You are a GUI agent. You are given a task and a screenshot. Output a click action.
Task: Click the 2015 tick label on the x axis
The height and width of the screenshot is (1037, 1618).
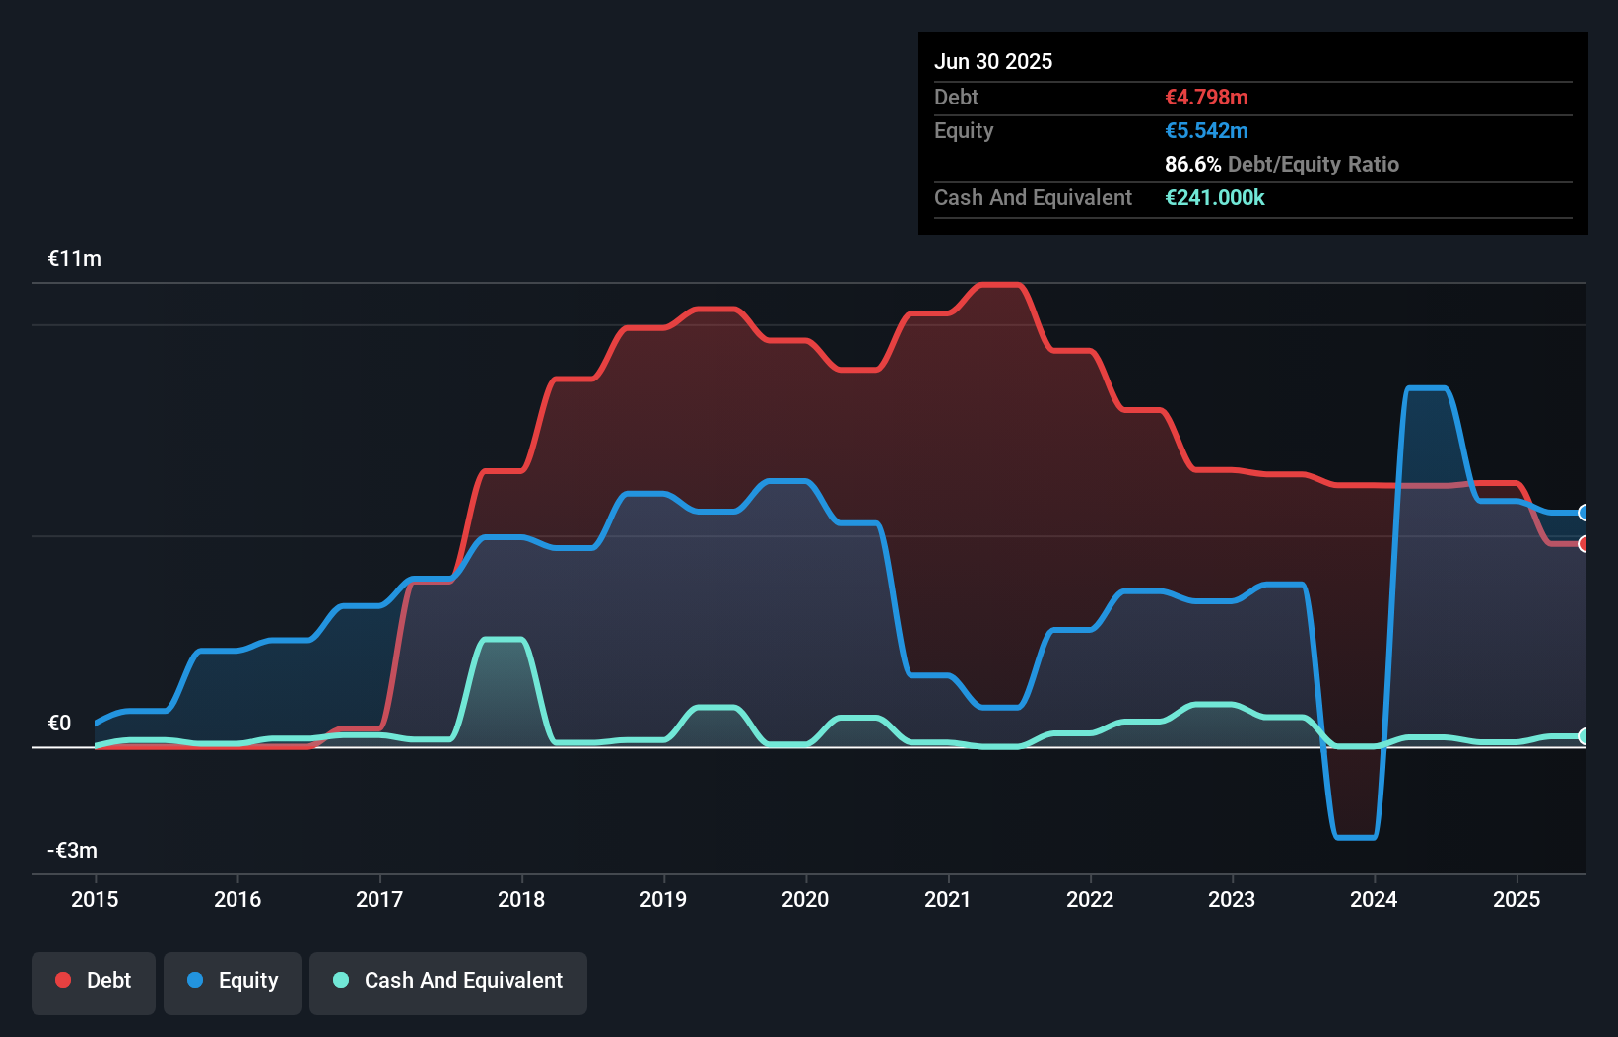pyautogui.click(x=95, y=899)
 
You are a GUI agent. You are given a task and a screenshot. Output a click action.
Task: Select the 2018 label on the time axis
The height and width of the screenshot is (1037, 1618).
pyautogui.click(x=521, y=899)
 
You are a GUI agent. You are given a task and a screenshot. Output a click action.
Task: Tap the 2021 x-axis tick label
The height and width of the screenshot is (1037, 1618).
pyautogui.click(x=947, y=899)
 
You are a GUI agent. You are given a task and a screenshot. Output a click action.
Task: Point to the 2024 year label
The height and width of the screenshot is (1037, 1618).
pyautogui.click(x=1374, y=899)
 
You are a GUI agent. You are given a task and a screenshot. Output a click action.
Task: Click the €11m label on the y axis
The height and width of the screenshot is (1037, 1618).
pyautogui.click(x=75, y=259)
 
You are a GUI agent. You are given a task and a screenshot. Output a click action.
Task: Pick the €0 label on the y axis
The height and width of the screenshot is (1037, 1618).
pyautogui.click(x=59, y=724)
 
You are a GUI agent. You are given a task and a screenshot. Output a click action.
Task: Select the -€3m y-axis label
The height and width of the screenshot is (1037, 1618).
pyautogui.click(x=73, y=851)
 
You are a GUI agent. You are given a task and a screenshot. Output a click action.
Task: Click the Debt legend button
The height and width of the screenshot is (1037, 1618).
pyautogui.click(x=94, y=981)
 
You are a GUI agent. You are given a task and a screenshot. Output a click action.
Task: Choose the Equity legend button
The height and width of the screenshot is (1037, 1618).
pyautogui.click(x=233, y=981)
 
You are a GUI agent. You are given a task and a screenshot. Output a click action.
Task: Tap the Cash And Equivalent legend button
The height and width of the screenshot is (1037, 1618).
pyautogui.click(x=448, y=981)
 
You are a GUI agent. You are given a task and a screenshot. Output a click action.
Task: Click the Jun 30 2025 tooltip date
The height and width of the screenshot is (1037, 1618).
pyautogui.click(x=993, y=61)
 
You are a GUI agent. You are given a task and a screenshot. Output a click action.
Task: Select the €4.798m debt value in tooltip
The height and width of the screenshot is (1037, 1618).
pyautogui.click(x=1206, y=98)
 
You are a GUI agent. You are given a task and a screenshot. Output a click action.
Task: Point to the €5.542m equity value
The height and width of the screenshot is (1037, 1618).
pyautogui.click(x=1206, y=131)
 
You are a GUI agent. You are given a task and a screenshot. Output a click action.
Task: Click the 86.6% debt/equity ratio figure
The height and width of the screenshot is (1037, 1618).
pyautogui.click(x=1192, y=165)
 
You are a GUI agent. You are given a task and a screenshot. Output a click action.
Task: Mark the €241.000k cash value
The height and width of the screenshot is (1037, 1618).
pyautogui.click(x=1214, y=198)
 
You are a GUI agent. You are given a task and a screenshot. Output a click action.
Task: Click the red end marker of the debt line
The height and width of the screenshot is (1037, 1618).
pyautogui.click(x=1584, y=544)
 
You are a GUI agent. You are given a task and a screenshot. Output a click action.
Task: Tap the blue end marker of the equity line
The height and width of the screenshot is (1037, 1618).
pyautogui.click(x=1584, y=513)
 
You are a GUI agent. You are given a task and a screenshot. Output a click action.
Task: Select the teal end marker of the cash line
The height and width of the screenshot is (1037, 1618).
pyautogui.click(x=1584, y=736)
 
